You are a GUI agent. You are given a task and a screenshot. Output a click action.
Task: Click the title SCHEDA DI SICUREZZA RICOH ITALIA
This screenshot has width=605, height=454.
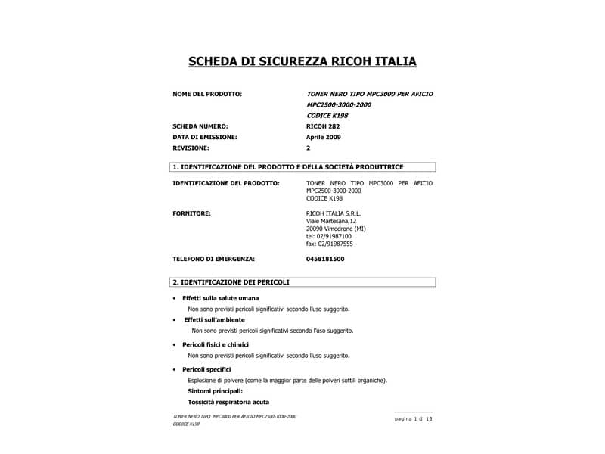(x=302, y=61)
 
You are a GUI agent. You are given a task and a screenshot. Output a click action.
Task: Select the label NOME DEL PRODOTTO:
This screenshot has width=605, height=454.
(x=207, y=94)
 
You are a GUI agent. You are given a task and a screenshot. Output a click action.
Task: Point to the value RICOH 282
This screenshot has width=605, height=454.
(x=323, y=126)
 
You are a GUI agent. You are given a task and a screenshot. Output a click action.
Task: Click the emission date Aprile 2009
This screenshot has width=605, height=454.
(x=324, y=137)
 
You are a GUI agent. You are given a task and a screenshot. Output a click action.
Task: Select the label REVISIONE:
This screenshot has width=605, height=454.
(x=194, y=148)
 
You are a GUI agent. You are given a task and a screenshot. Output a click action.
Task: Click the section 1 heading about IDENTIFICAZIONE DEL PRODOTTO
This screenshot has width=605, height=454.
(x=288, y=167)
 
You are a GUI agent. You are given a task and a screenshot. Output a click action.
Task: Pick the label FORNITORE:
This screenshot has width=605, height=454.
(x=192, y=213)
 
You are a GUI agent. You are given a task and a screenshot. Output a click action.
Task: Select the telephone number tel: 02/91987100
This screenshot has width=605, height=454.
(x=329, y=236)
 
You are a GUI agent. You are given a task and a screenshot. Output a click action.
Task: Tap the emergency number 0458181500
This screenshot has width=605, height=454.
(x=325, y=259)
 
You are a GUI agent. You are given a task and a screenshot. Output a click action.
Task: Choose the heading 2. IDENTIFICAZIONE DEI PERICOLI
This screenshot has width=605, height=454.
(x=231, y=282)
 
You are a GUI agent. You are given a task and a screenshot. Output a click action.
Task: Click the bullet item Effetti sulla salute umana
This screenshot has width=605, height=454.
(x=220, y=298)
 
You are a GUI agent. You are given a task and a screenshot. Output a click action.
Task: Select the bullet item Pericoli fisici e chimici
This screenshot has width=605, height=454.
(x=216, y=344)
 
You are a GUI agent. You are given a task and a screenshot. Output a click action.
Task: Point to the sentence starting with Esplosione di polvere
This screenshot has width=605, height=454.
(x=287, y=380)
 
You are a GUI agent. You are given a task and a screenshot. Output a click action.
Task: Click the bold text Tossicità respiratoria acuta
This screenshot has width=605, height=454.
(x=228, y=402)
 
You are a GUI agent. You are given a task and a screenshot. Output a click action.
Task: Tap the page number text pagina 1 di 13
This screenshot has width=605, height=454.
(x=413, y=418)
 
